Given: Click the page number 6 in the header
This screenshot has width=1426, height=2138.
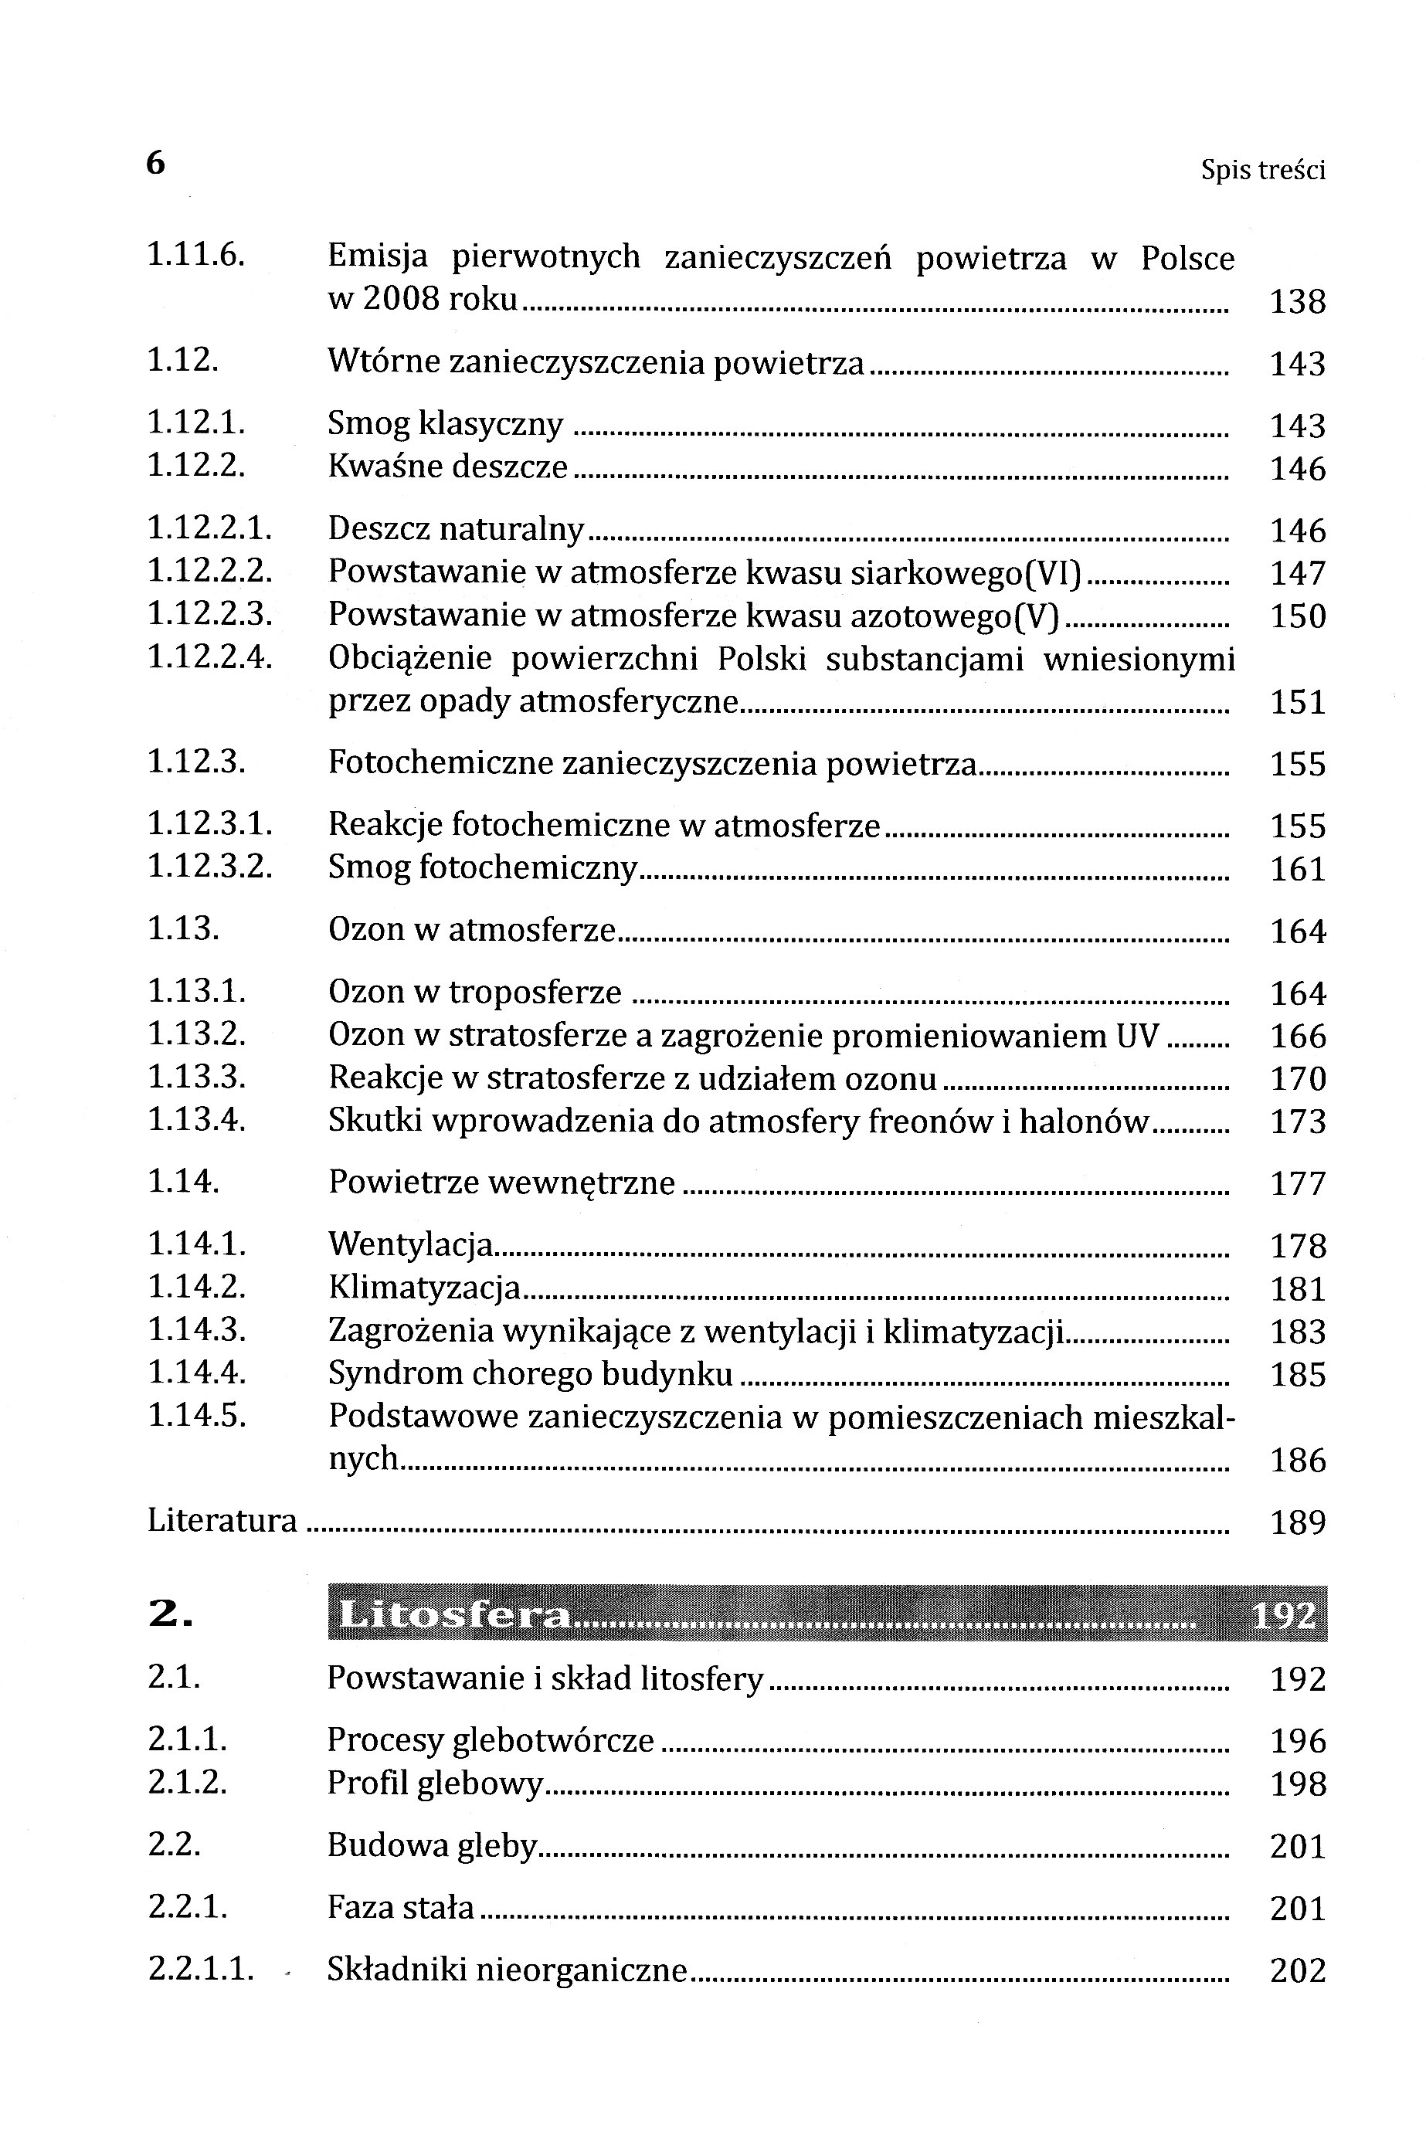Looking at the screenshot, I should pyautogui.click(x=155, y=164).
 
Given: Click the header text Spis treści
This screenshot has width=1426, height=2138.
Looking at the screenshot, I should pyautogui.click(x=1262, y=170).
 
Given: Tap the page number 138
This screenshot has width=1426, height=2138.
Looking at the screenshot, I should pyautogui.click(x=1297, y=301).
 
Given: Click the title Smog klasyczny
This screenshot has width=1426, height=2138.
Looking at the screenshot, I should pyautogui.click(x=445, y=425).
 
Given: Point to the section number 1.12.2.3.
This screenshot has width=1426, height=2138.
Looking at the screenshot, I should pyautogui.click(x=210, y=615).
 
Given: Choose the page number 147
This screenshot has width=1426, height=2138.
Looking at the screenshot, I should pyautogui.click(x=1297, y=574).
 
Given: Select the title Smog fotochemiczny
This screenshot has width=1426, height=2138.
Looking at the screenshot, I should pyautogui.click(x=482, y=868).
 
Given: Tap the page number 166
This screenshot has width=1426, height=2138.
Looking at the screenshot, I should pyautogui.click(x=1297, y=1037).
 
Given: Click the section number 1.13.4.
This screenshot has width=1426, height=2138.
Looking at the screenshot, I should pyautogui.click(x=196, y=1121).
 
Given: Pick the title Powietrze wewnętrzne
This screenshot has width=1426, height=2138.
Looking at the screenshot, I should pyautogui.click(x=501, y=1183).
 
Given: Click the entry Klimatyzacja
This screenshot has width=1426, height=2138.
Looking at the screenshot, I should pyautogui.click(x=424, y=1288).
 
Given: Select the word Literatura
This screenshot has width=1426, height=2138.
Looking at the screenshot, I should pyautogui.click(x=222, y=1522).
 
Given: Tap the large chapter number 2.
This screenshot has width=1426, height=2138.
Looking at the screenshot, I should pyautogui.click(x=170, y=1614).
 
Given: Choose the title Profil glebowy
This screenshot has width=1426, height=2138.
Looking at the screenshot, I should pyautogui.click(x=435, y=1784).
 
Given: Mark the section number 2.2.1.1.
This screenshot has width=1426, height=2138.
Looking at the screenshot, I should pyautogui.click(x=201, y=1970).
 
